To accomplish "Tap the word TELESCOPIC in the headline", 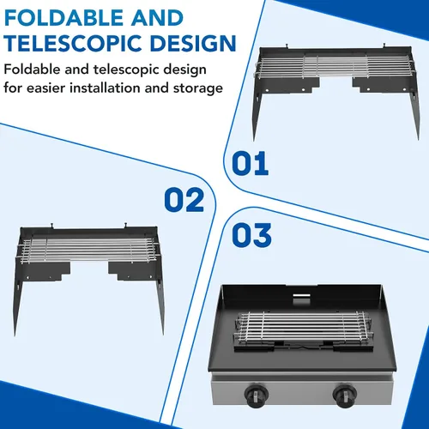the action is [75, 44].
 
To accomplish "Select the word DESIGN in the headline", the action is [193, 44].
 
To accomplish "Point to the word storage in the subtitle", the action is [198, 88].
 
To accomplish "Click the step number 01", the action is [251, 163].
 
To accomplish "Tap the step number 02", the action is [184, 200].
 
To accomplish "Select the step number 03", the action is [251, 235].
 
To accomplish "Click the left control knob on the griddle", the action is [256, 396].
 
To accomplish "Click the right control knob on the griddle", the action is [345, 396].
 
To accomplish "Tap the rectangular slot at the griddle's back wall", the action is [302, 296].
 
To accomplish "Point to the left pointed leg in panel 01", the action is [257, 113].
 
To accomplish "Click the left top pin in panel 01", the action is [287, 46].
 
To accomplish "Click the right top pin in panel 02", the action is [125, 226].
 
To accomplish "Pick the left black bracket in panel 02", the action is [45, 271].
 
